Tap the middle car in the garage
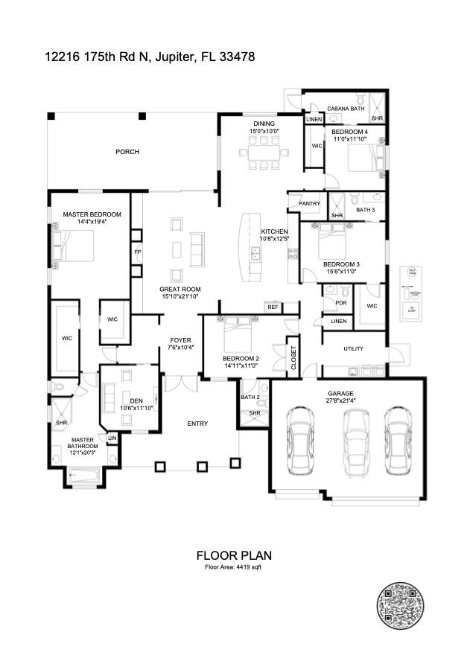tap(355, 442)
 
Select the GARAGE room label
tap(340, 393)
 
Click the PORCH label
tap(127, 152)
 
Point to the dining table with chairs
tap(264, 153)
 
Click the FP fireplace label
tap(137, 252)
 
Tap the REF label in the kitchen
tap(273, 307)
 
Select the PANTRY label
tap(309, 203)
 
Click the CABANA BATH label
tap(346, 109)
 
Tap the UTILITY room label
tap(353, 348)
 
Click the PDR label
tap(340, 303)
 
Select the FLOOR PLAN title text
tap(234, 555)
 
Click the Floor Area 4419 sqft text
tap(234, 567)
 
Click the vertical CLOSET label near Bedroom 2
tap(293, 358)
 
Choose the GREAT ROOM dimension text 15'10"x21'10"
tap(180, 297)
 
